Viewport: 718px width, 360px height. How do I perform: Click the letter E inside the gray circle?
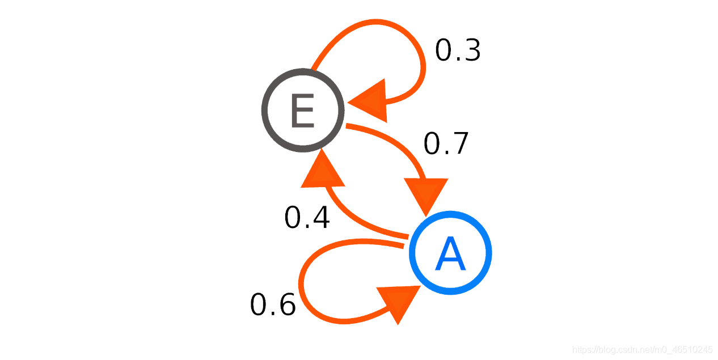(302, 111)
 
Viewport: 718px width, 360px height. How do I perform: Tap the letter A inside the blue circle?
(450, 255)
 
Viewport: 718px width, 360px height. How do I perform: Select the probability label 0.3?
(458, 50)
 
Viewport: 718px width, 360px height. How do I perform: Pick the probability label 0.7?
(446, 143)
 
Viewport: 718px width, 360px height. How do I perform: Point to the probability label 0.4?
(307, 218)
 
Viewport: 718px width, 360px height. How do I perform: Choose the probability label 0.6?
(273, 305)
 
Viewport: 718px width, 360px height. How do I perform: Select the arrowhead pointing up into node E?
(323, 171)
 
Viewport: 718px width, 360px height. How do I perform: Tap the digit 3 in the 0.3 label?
(471, 50)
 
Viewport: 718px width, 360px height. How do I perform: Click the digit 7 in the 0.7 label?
(459, 143)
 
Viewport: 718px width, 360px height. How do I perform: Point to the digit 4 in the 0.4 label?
(320, 218)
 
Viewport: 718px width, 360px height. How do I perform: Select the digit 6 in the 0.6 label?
(286, 305)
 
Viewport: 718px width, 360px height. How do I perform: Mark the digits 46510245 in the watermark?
(693, 349)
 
